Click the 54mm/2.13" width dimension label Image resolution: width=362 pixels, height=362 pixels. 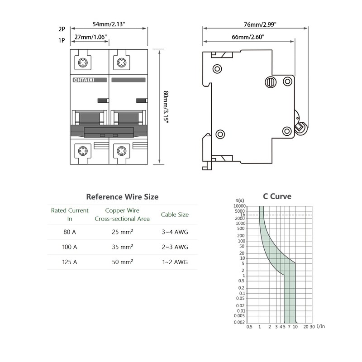tap(109, 24)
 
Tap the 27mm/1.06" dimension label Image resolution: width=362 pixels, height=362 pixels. tap(90, 37)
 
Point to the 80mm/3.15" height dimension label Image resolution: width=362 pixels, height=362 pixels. tap(166, 107)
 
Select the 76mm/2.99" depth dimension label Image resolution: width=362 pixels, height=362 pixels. tap(260, 24)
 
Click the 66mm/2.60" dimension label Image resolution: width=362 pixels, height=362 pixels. tap(248, 37)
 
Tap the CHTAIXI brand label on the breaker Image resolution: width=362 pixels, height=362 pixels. tap(84, 80)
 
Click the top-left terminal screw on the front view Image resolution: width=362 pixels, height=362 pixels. tap(83, 62)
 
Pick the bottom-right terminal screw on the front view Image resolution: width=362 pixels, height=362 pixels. tap(122, 151)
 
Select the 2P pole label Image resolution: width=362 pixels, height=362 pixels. tap(62, 29)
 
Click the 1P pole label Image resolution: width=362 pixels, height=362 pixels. tap(62, 40)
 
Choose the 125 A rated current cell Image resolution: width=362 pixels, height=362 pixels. tap(70, 262)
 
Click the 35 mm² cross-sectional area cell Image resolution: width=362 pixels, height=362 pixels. tap(122, 247)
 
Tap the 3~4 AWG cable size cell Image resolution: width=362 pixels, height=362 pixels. tap(175, 232)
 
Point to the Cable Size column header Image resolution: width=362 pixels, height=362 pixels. tap(175, 214)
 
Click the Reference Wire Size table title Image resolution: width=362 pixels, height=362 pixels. tap(122, 197)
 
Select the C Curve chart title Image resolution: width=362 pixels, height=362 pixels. tap(277, 196)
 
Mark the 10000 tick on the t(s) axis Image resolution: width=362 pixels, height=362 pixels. tap(240, 206)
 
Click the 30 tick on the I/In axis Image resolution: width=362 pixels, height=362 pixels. tap(312, 327)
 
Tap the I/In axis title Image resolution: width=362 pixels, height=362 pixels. tap(321, 326)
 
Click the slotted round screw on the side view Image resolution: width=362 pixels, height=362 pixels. tap(271, 82)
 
